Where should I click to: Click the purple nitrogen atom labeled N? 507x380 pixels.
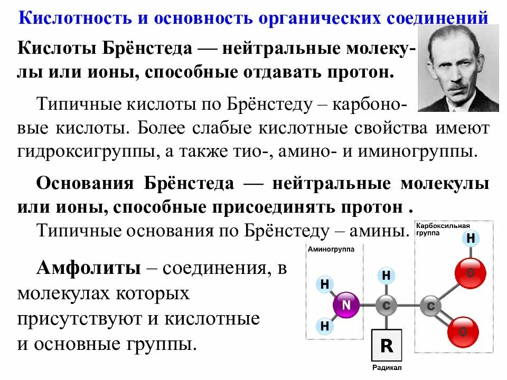point(346,305)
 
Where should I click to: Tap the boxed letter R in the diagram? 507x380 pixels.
point(387,346)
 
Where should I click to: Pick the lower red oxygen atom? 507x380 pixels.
point(463,331)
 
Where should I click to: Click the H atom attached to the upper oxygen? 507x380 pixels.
point(471,239)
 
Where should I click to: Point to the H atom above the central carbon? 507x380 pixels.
point(387,275)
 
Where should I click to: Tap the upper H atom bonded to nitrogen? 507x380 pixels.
point(325,284)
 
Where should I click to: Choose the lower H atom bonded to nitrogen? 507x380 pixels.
point(325,326)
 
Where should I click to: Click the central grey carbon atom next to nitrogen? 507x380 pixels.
point(387,305)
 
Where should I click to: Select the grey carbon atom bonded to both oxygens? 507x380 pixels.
point(430,305)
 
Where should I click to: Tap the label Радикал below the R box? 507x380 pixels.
point(387,367)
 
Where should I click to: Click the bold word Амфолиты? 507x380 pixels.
point(88,268)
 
